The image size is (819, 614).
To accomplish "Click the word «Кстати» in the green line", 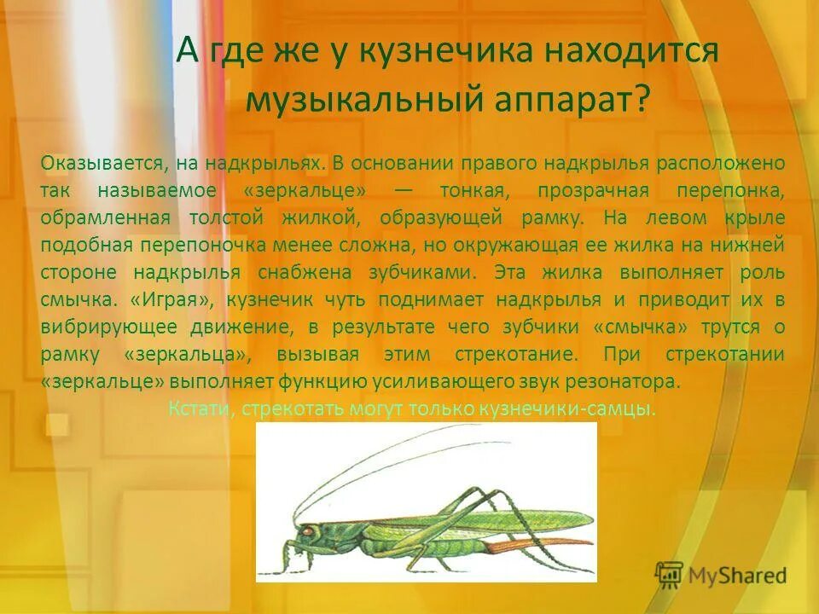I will click(200, 408).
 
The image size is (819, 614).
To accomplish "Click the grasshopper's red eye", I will click(305, 530).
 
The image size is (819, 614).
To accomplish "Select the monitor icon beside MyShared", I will click(669, 575).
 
